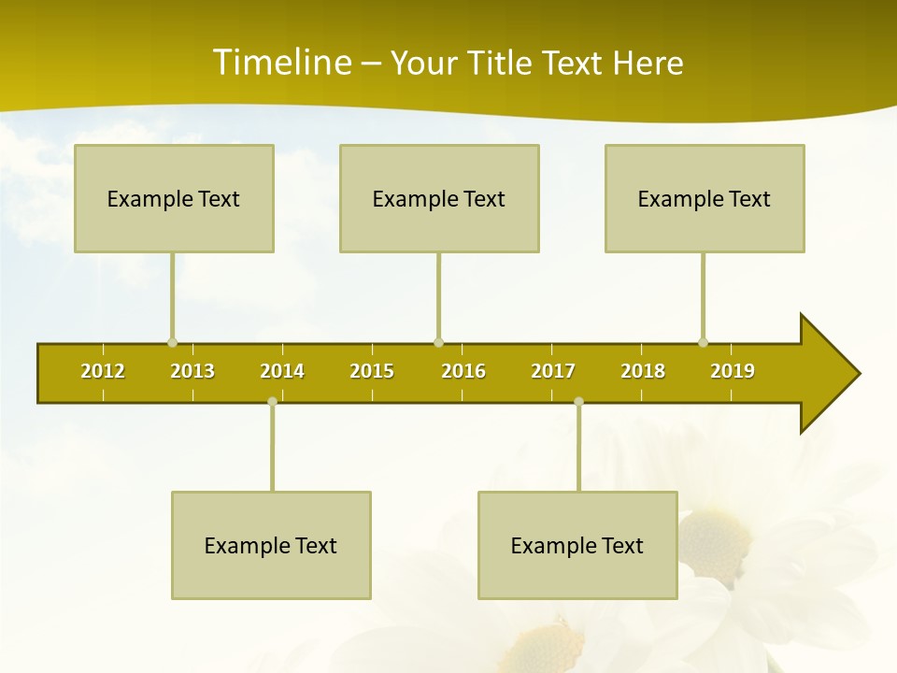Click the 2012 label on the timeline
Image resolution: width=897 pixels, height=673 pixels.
click(103, 371)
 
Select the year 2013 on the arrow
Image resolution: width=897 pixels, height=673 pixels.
click(192, 371)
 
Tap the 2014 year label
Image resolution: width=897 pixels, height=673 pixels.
click(282, 371)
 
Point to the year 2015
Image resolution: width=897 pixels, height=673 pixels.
click(372, 371)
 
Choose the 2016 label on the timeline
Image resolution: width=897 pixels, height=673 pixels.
click(463, 371)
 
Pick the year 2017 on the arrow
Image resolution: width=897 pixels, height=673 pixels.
click(553, 371)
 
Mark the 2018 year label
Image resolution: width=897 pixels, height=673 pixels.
click(643, 371)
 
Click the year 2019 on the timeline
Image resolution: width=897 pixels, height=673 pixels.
click(733, 371)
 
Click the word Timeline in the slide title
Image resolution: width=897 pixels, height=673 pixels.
click(280, 63)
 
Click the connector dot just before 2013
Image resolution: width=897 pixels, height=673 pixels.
click(172, 342)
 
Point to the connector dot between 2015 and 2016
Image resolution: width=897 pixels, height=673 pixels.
click(438, 342)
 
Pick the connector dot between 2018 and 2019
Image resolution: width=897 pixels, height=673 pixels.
click(703, 342)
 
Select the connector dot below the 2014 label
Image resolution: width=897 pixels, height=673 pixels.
click(272, 402)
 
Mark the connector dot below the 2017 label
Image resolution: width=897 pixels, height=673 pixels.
click(578, 402)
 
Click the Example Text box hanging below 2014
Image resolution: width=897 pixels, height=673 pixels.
click(271, 545)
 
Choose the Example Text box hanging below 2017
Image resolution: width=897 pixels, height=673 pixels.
click(577, 545)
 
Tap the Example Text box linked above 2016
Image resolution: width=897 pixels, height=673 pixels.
click(439, 198)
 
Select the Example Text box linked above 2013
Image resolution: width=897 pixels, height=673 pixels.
click(174, 198)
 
